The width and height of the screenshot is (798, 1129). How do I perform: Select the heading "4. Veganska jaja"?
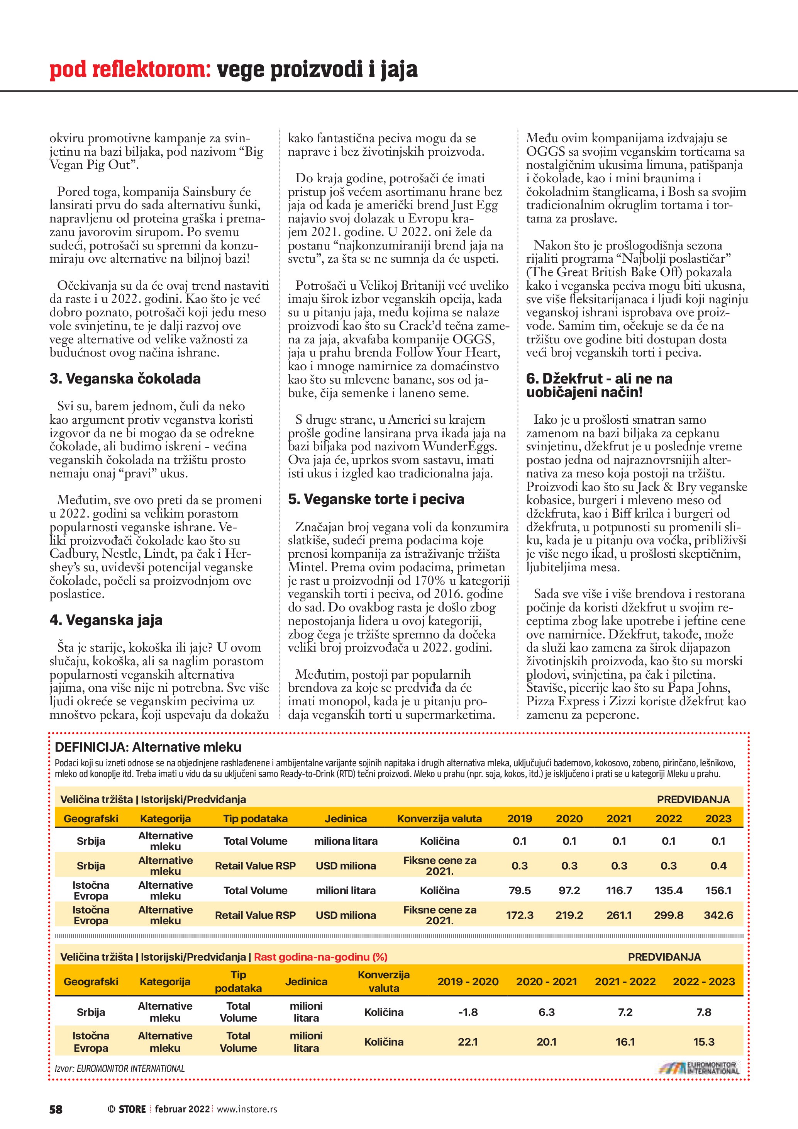point(106,620)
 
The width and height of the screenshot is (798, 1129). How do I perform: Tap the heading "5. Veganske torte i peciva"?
point(376,499)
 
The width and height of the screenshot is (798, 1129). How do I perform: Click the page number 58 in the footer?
point(56,1109)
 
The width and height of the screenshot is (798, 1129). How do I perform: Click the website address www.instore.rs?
point(247,1109)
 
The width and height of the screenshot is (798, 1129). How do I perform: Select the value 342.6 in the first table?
point(718,915)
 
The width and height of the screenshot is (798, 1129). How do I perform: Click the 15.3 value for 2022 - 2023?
point(704,1042)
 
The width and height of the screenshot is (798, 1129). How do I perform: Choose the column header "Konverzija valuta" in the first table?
point(439,819)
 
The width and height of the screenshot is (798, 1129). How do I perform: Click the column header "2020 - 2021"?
point(546,981)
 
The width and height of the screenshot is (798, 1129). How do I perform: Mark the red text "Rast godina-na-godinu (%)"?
point(320,957)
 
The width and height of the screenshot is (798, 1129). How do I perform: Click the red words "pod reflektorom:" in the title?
point(130,70)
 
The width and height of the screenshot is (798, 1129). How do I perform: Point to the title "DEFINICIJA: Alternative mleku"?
point(148,747)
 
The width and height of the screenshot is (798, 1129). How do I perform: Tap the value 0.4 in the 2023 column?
point(718,866)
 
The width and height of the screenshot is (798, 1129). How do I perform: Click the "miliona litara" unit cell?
point(346,841)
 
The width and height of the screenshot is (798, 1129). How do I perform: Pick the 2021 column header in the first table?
point(618,819)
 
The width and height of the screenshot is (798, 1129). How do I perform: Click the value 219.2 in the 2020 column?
point(569,915)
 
